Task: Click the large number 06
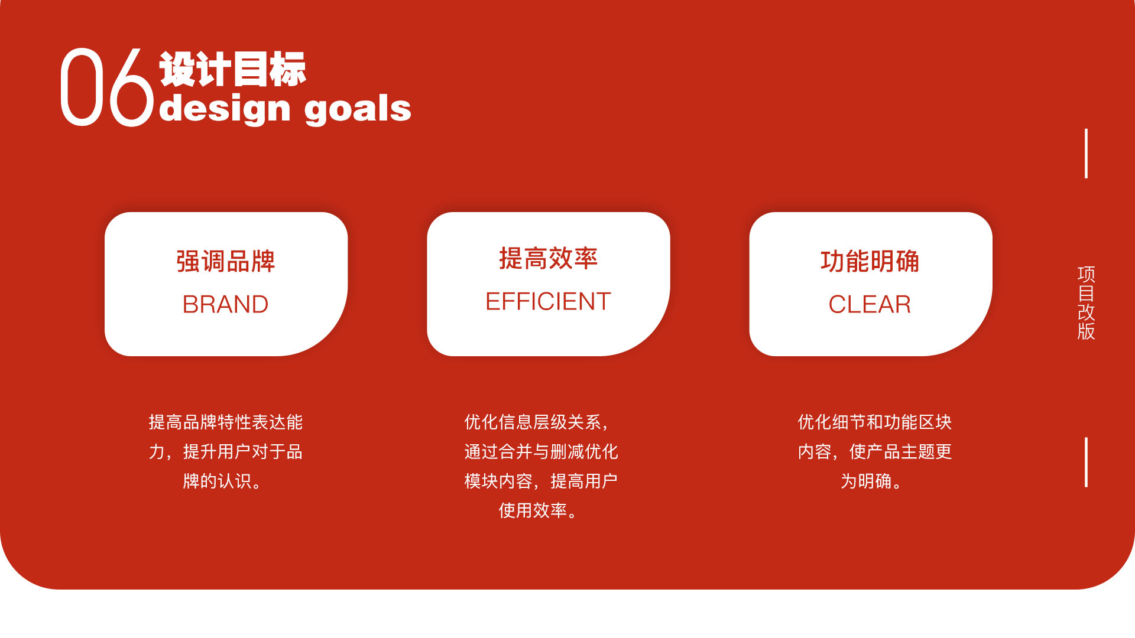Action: pos(106,87)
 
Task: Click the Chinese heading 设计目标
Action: pos(232,69)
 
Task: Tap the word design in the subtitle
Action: pos(225,109)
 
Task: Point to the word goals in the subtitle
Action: pos(358,109)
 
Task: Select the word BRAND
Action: pos(225,304)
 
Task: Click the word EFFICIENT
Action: pos(548,301)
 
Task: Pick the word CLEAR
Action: pos(870,304)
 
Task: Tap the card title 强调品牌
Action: pos(225,261)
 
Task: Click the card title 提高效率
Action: pos(548,259)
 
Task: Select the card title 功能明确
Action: pos(870,261)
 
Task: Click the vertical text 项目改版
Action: pos(1086,302)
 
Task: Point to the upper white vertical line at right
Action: pos(1086,154)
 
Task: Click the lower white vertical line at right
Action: pos(1086,462)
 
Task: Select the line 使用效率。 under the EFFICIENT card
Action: pos(539,510)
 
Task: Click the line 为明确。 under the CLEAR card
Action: pos(872,481)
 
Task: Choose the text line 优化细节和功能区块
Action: pos(874,422)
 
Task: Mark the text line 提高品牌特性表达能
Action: pos(225,422)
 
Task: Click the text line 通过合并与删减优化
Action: pos(541,451)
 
